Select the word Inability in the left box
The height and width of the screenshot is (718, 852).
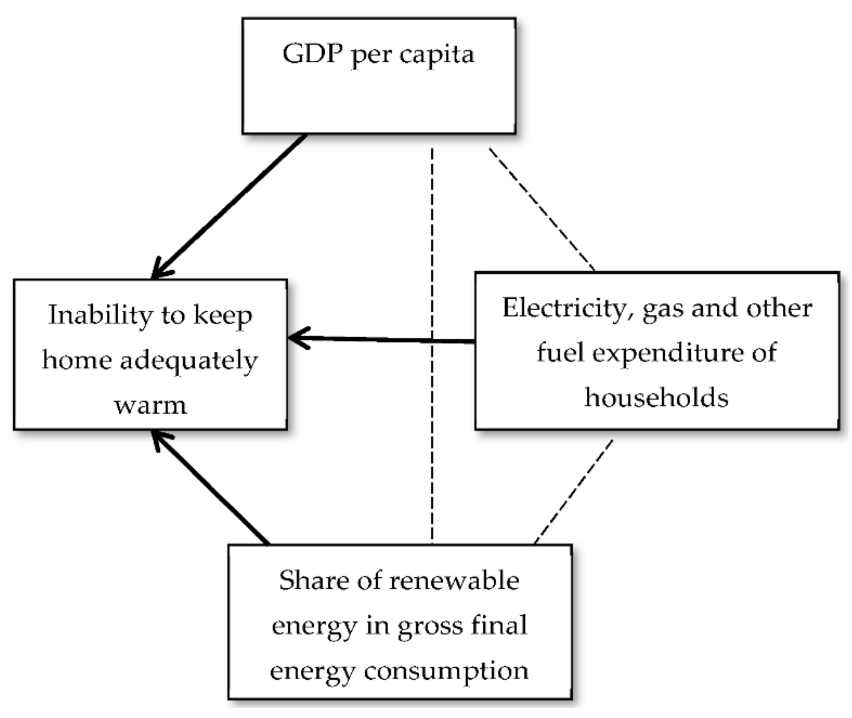(100, 315)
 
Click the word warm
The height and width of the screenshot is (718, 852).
(151, 405)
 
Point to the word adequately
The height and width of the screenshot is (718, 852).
(189, 361)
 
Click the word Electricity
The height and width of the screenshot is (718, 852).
(566, 308)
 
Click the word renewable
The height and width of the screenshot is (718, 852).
(454, 581)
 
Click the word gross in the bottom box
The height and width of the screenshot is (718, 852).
(431, 626)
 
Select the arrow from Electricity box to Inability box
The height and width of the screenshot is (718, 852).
(383, 339)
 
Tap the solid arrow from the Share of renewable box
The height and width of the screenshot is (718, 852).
(212, 489)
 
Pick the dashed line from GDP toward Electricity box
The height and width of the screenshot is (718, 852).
(541, 209)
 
